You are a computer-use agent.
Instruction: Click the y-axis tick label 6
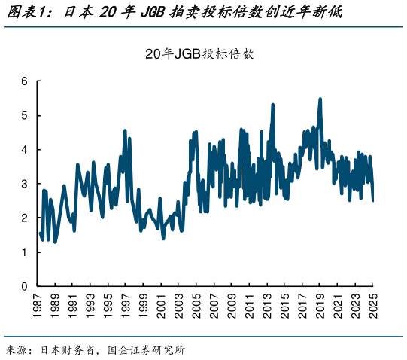24,81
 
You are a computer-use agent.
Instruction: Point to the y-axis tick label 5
24,115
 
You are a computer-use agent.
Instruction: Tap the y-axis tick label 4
24,149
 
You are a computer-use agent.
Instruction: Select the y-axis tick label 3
24,184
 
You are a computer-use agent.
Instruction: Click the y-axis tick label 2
24,218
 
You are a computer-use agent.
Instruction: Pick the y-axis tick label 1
24,252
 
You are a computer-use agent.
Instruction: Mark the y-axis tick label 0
24,286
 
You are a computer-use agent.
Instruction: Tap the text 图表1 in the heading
26,13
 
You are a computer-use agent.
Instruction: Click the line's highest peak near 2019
320,99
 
